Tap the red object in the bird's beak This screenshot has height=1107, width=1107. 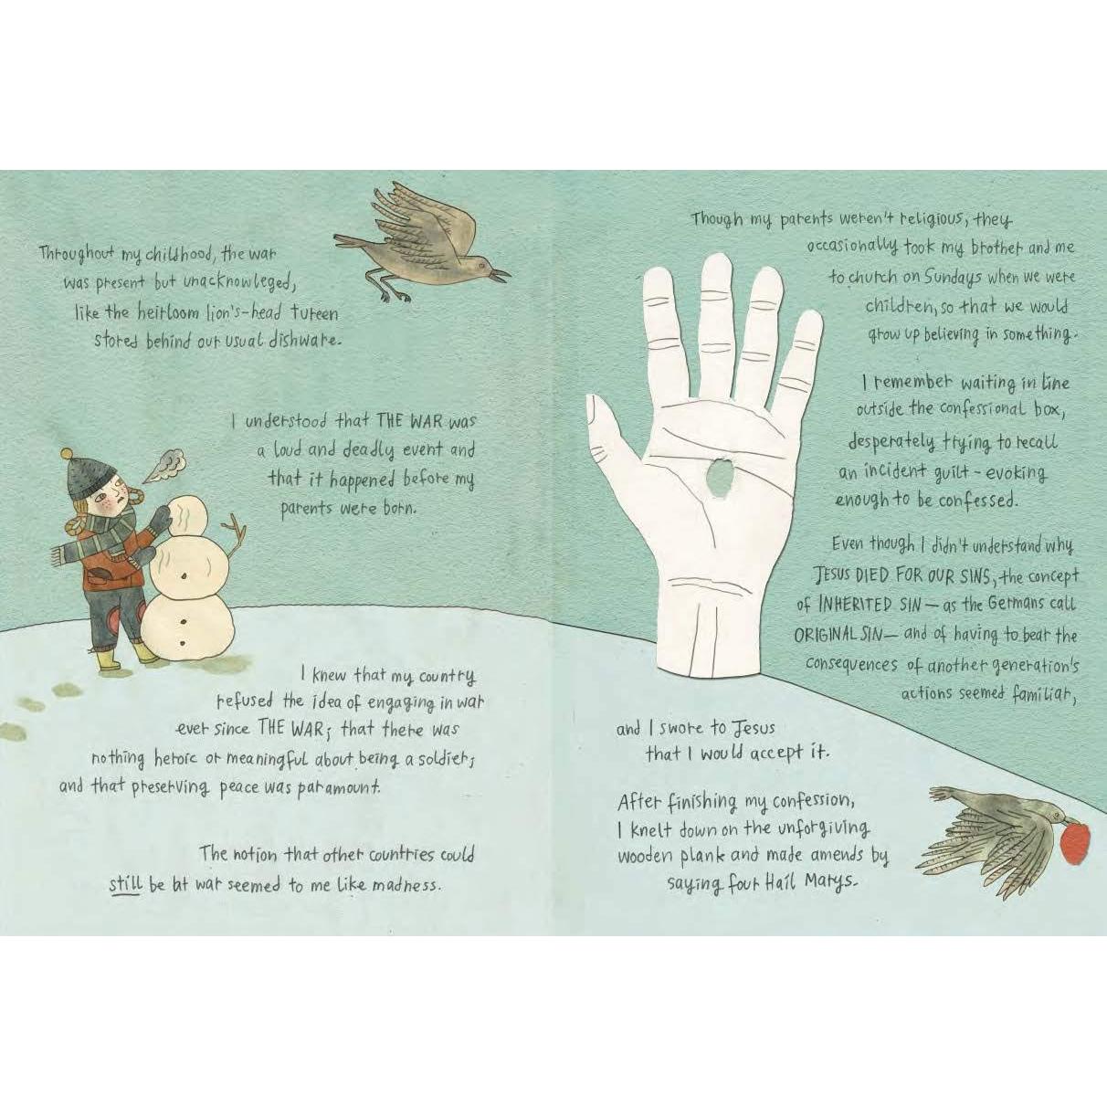[1075, 841]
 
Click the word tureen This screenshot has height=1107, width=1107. [313, 313]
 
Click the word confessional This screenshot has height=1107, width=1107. [983, 409]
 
